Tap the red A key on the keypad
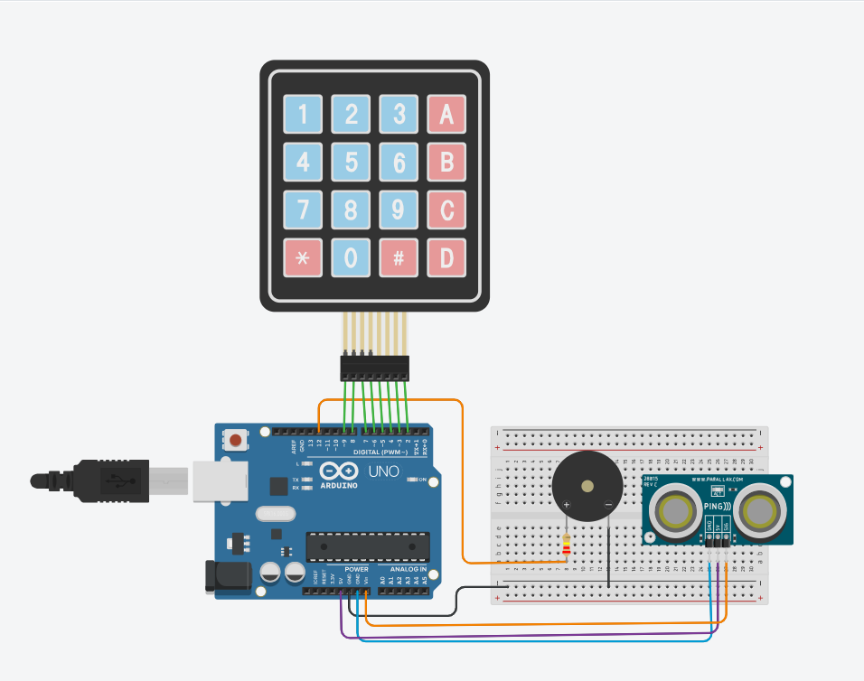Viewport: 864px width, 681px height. point(446,115)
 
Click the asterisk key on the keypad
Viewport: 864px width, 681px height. point(303,257)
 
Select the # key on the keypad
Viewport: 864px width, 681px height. point(398,257)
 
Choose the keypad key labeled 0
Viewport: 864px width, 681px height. point(351,257)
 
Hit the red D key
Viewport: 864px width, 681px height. point(446,257)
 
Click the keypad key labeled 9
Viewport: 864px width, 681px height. point(398,210)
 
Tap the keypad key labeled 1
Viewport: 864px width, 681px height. point(303,115)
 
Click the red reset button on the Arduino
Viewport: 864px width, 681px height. point(235,441)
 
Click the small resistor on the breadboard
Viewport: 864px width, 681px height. point(567,545)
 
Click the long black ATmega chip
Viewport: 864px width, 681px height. point(366,546)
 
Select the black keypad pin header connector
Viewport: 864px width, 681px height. point(374,367)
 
